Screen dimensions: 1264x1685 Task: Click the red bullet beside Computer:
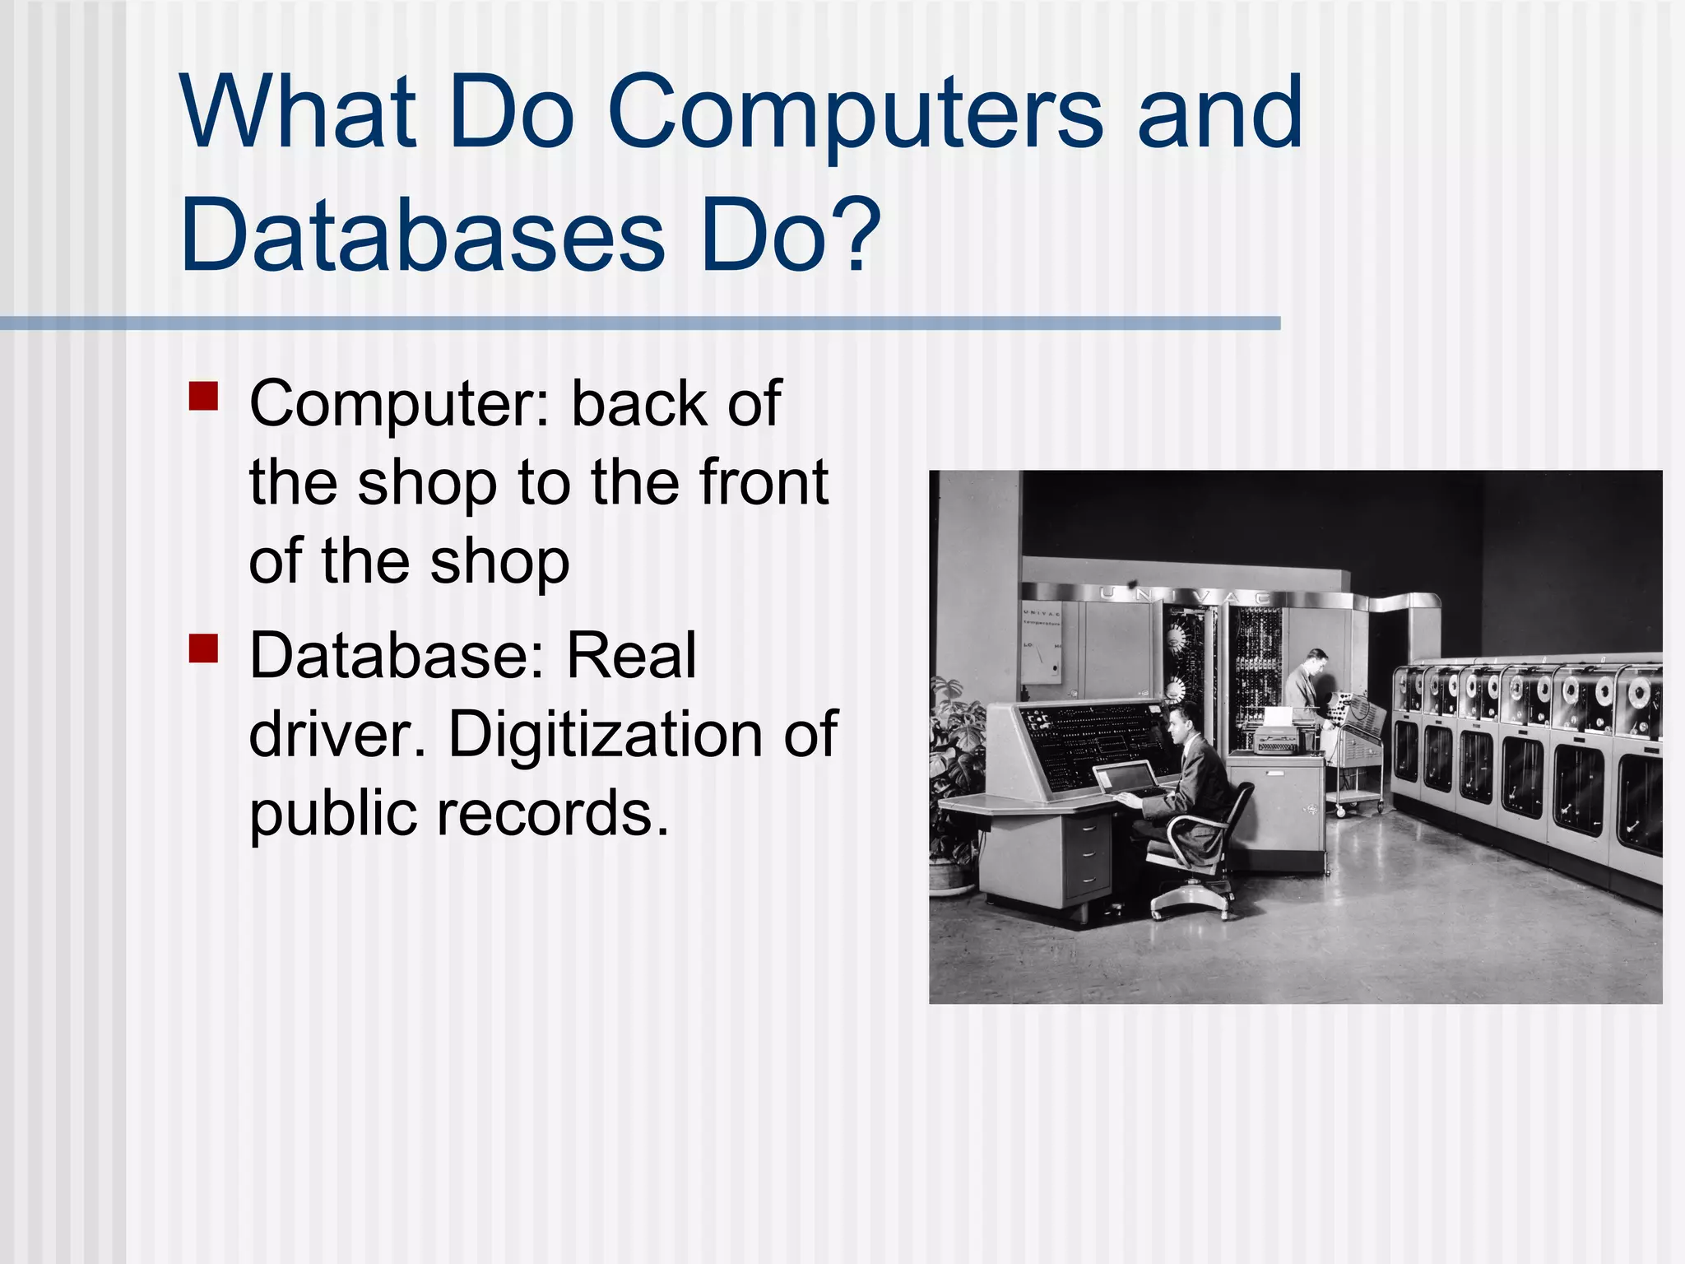coord(203,396)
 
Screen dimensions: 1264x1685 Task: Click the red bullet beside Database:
coord(203,648)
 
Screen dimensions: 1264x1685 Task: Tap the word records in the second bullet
coord(552,813)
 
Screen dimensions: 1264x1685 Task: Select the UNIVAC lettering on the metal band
coord(1185,595)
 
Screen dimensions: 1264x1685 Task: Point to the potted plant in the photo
coord(954,782)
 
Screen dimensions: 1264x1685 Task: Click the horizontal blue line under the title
coord(640,323)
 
